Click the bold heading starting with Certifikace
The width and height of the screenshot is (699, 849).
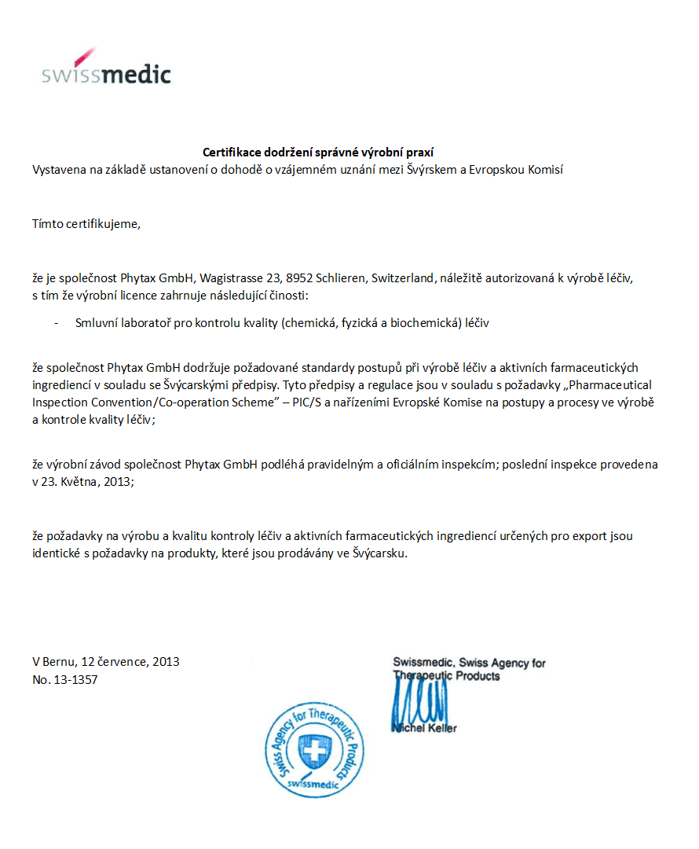318,153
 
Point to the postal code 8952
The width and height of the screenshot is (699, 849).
301,277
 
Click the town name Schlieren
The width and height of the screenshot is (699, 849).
342,277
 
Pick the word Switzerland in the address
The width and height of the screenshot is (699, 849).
403,277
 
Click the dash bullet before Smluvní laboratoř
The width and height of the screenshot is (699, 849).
55,322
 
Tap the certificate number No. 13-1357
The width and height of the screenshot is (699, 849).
64,679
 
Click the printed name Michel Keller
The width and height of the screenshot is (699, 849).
425,728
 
